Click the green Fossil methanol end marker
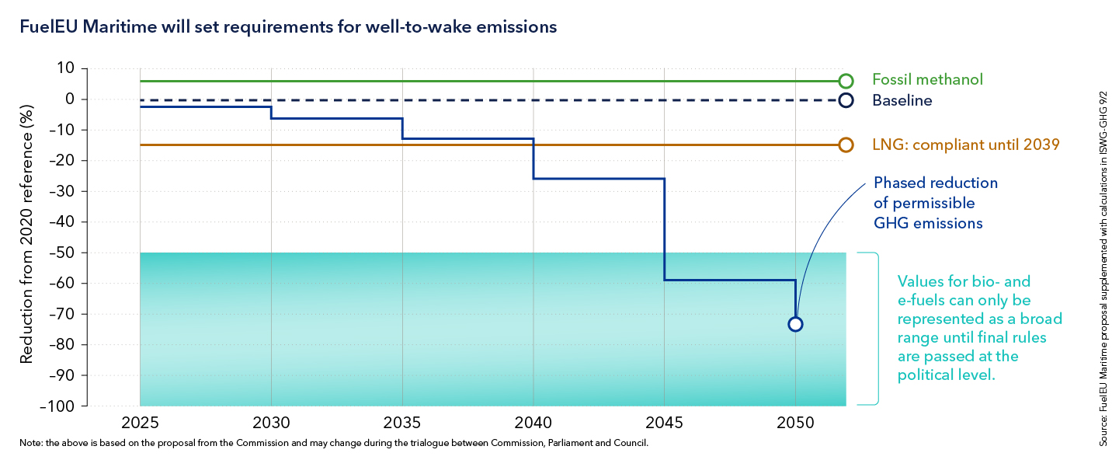coord(846,81)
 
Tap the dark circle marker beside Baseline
coord(846,100)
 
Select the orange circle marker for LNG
coord(846,145)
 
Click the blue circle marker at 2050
coord(795,324)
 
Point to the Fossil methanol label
coord(927,79)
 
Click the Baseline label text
coord(902,100)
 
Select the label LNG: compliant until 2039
coord(965,145)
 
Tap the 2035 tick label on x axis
coord(402,423)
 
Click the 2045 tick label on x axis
coord(665,423)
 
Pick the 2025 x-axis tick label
coord(140,423)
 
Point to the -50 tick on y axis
coord(63,253)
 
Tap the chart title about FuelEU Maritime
coord(288,26)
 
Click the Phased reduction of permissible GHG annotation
coord(935,203)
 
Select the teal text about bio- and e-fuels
coord(979,328)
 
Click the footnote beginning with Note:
coord(334,444)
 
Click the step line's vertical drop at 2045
coord(665,229)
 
